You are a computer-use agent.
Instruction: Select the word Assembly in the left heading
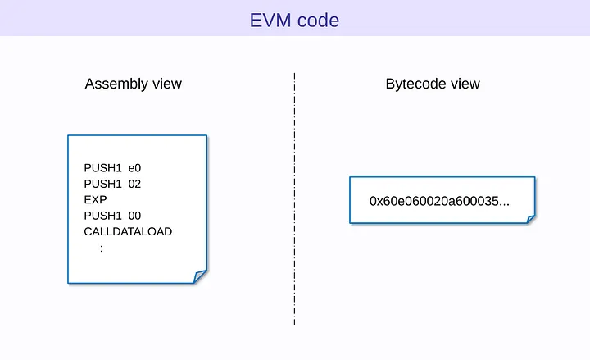tap(115, 84)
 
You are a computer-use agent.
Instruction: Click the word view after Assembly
tap(166, 84)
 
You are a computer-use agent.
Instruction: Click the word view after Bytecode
tap(465, 84)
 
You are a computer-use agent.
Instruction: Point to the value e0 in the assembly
tap(135, 168)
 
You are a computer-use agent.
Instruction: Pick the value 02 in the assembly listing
tap(135, 184)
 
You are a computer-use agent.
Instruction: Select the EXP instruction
tap(95, 199)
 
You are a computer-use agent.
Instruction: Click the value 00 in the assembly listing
tap(135, 216)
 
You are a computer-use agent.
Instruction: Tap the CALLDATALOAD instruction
tap(128, 231)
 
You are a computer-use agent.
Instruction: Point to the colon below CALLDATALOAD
tap(102, 248)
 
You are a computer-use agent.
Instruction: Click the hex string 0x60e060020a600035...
tap(439, 200)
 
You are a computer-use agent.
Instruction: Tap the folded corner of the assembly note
tap(200, 276)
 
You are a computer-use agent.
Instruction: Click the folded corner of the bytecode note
tap(530, 219)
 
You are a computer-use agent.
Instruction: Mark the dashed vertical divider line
tap(294, 197)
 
